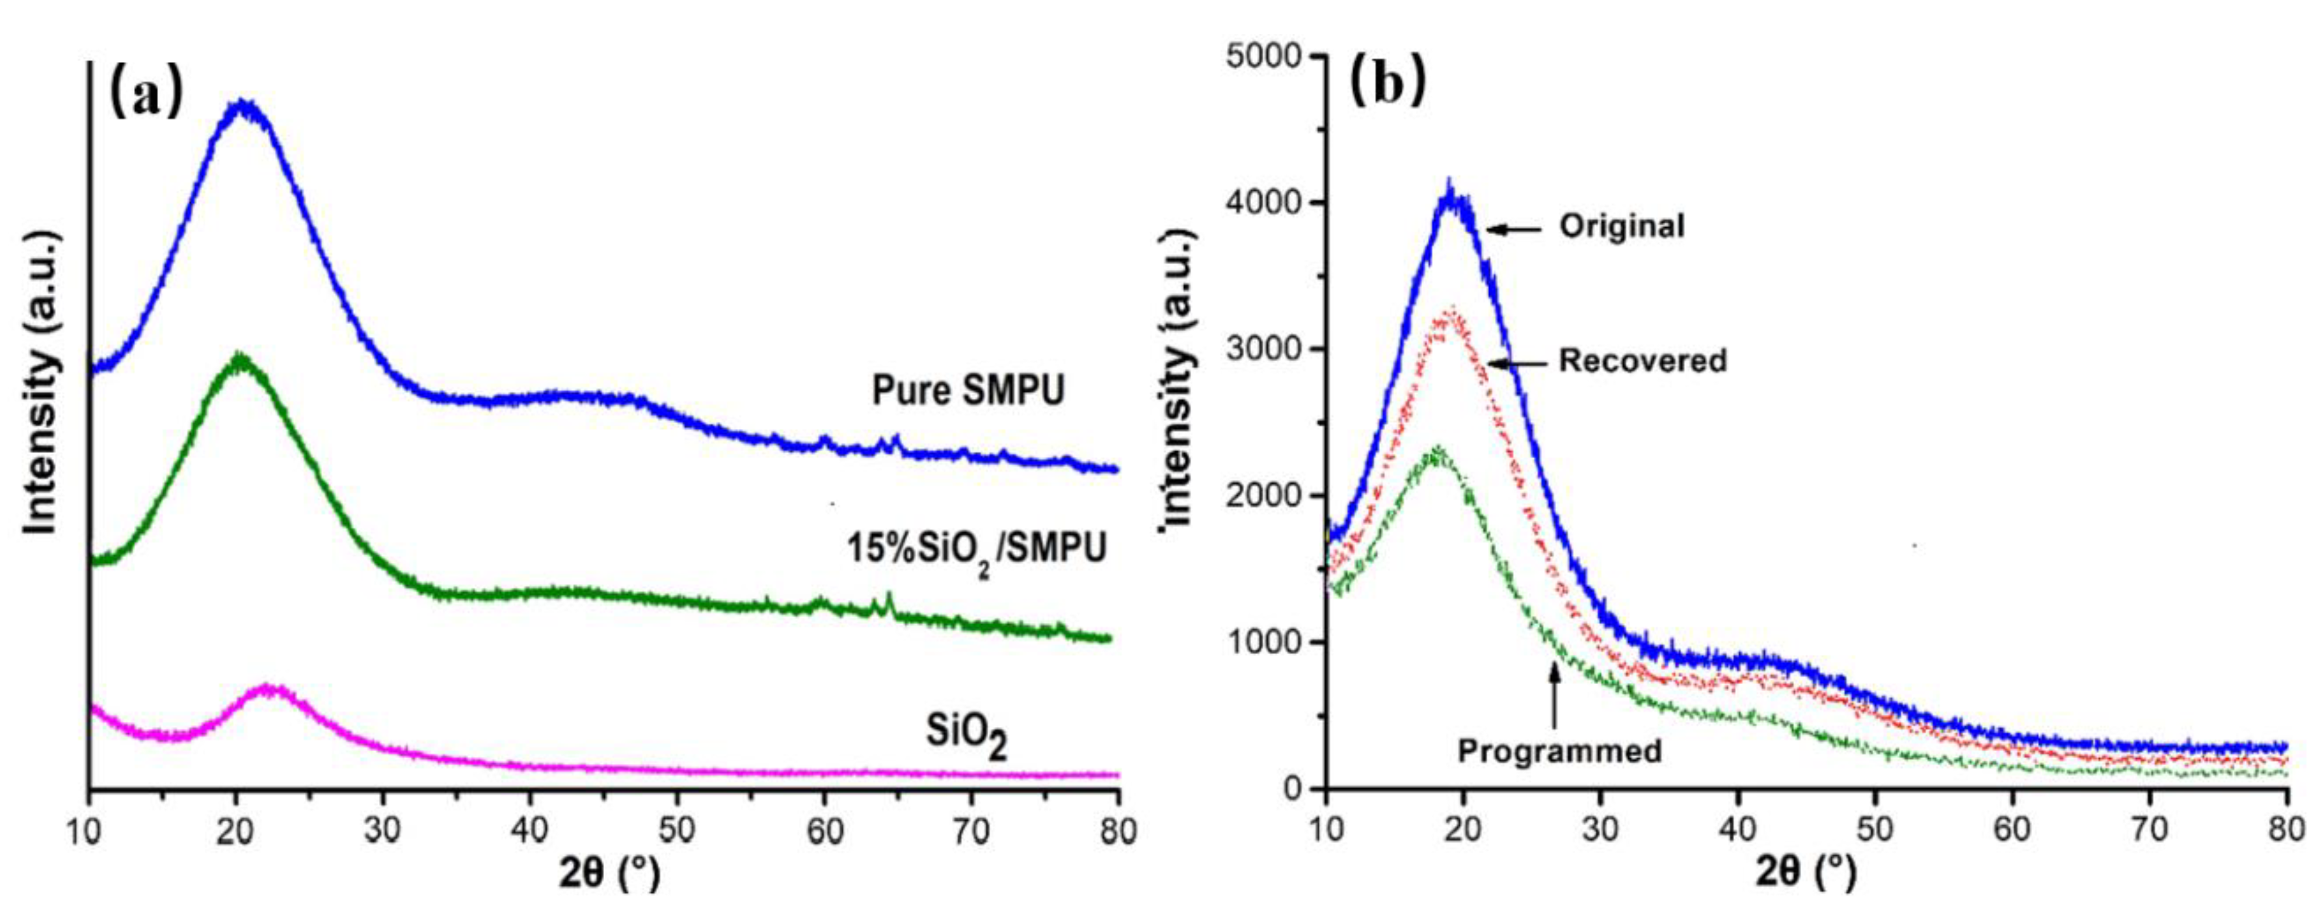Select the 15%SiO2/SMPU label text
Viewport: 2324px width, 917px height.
click(x=976, y=550)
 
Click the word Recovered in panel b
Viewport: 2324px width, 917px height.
click(x=1642, y=361)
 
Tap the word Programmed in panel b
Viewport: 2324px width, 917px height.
click(x=1559, y=751)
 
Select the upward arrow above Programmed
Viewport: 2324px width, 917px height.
click(x=1553, y=695)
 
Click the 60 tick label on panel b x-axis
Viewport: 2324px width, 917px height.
click(x=2012, y=828)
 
